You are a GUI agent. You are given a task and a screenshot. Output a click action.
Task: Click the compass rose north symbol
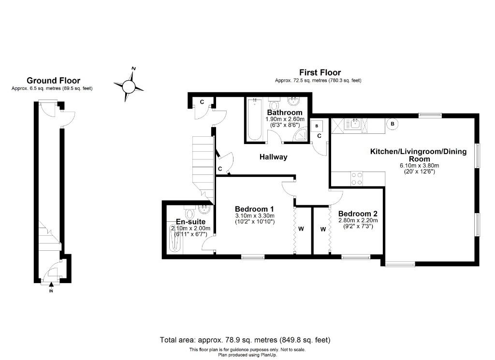129,86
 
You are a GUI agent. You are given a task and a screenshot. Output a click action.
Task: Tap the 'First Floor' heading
320,72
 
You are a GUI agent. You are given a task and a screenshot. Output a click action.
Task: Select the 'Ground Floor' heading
53,81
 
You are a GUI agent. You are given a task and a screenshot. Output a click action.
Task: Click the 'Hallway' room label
273,157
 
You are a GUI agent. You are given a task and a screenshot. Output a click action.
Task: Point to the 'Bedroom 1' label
255,209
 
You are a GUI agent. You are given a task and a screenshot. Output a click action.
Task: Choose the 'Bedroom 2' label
358,214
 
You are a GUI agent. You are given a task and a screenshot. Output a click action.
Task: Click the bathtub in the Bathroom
254,119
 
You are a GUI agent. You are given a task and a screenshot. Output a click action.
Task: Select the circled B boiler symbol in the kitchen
393,124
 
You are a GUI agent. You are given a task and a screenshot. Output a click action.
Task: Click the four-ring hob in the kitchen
357,179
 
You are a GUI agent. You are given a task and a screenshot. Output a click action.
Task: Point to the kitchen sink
355,125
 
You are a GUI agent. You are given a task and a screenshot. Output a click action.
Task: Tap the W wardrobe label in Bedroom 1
301,229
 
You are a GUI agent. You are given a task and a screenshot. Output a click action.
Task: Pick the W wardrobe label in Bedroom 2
323,229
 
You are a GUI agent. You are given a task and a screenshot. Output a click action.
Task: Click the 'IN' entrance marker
52,290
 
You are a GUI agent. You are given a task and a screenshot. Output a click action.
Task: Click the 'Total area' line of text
245,340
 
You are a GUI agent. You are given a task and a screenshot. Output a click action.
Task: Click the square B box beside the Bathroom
317,126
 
